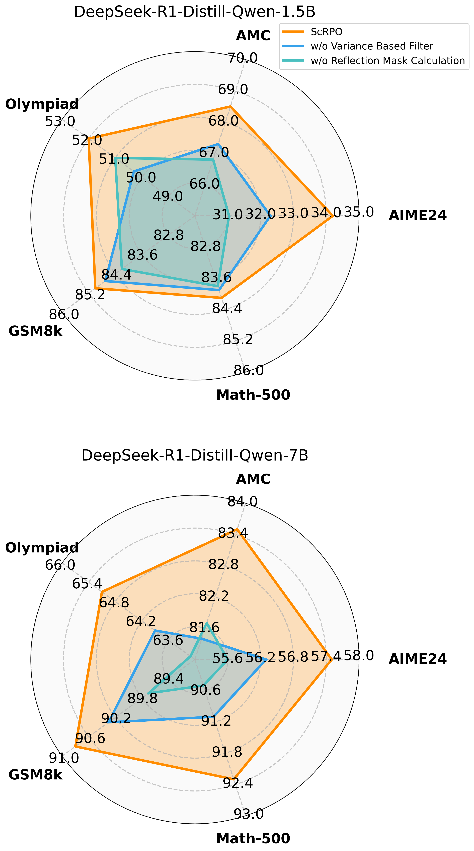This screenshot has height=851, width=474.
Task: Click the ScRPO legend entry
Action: [x=326, y=32]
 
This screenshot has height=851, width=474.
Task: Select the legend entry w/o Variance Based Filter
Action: [x=372, y=46]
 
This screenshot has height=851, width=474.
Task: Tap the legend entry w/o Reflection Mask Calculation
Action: [x=387, y=61]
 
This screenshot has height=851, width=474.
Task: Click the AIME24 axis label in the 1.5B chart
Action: [x=418, y=215]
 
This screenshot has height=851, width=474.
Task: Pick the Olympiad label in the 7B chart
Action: [x=42, y=548]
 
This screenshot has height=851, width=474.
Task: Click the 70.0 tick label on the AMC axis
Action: [x=243, y=58]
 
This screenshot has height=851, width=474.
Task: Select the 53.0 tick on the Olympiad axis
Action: [x=60, y=122]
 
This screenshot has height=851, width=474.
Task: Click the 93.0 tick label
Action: [x=249, y=814]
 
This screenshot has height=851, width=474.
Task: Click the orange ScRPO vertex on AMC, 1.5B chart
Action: [x=230, y=106]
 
